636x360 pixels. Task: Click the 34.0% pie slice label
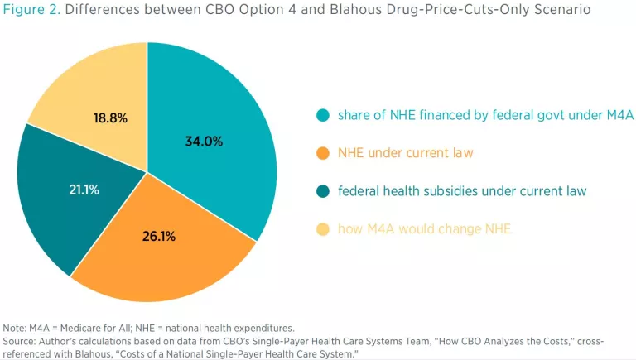pyautogui.click(x=204, y=142)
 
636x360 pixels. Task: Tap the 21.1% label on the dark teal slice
pyautogui.click(x=84, y=190)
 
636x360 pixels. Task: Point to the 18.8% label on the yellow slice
pyautogui.click(x=110, y=118)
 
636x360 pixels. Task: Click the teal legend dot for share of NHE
pyautogui.click(x=320, y=116)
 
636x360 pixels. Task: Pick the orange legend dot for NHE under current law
pyautogui.click(x=320, y=154)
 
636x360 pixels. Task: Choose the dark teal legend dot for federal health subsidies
pyautogui.click(x=320, y=192)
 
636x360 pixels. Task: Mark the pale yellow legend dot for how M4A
pyautogui.click(x=320, y=229)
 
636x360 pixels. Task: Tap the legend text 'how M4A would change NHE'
pyautogui.click(x=424, y=229)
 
